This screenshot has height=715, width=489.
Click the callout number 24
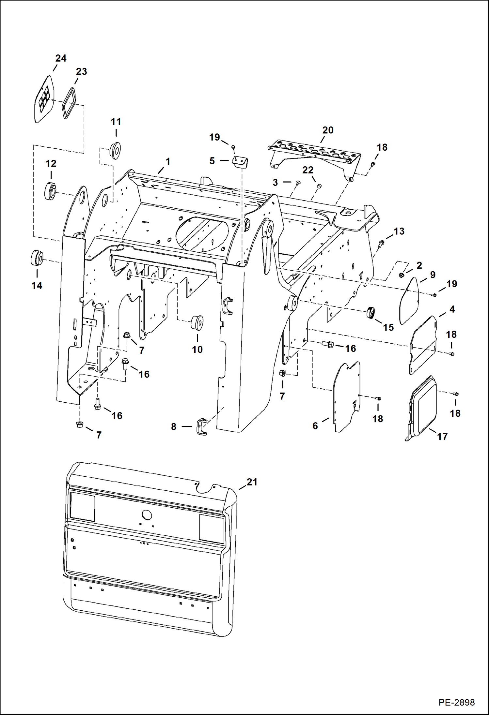tap(61, 58)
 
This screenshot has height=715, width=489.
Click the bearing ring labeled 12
tap(51, 191)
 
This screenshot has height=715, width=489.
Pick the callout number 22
tap(308, 170)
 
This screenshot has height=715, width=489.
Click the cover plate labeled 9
tap(409, 300)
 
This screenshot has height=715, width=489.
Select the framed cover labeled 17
tap(423, 408)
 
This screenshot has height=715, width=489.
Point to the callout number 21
tap(252, 482)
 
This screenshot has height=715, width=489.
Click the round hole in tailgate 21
tap(147, 515)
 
